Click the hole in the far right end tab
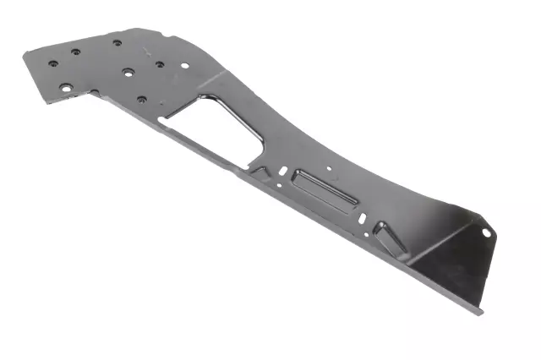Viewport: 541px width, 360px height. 486,230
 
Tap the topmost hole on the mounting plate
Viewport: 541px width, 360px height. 117,42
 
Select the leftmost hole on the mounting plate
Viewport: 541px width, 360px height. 53,63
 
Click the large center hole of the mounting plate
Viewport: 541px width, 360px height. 127,72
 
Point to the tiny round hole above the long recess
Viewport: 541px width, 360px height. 330,168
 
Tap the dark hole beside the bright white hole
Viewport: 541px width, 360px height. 159,63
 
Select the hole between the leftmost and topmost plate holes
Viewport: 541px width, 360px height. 76,52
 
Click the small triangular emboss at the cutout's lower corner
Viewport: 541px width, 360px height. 259,170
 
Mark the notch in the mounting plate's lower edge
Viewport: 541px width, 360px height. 95,93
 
